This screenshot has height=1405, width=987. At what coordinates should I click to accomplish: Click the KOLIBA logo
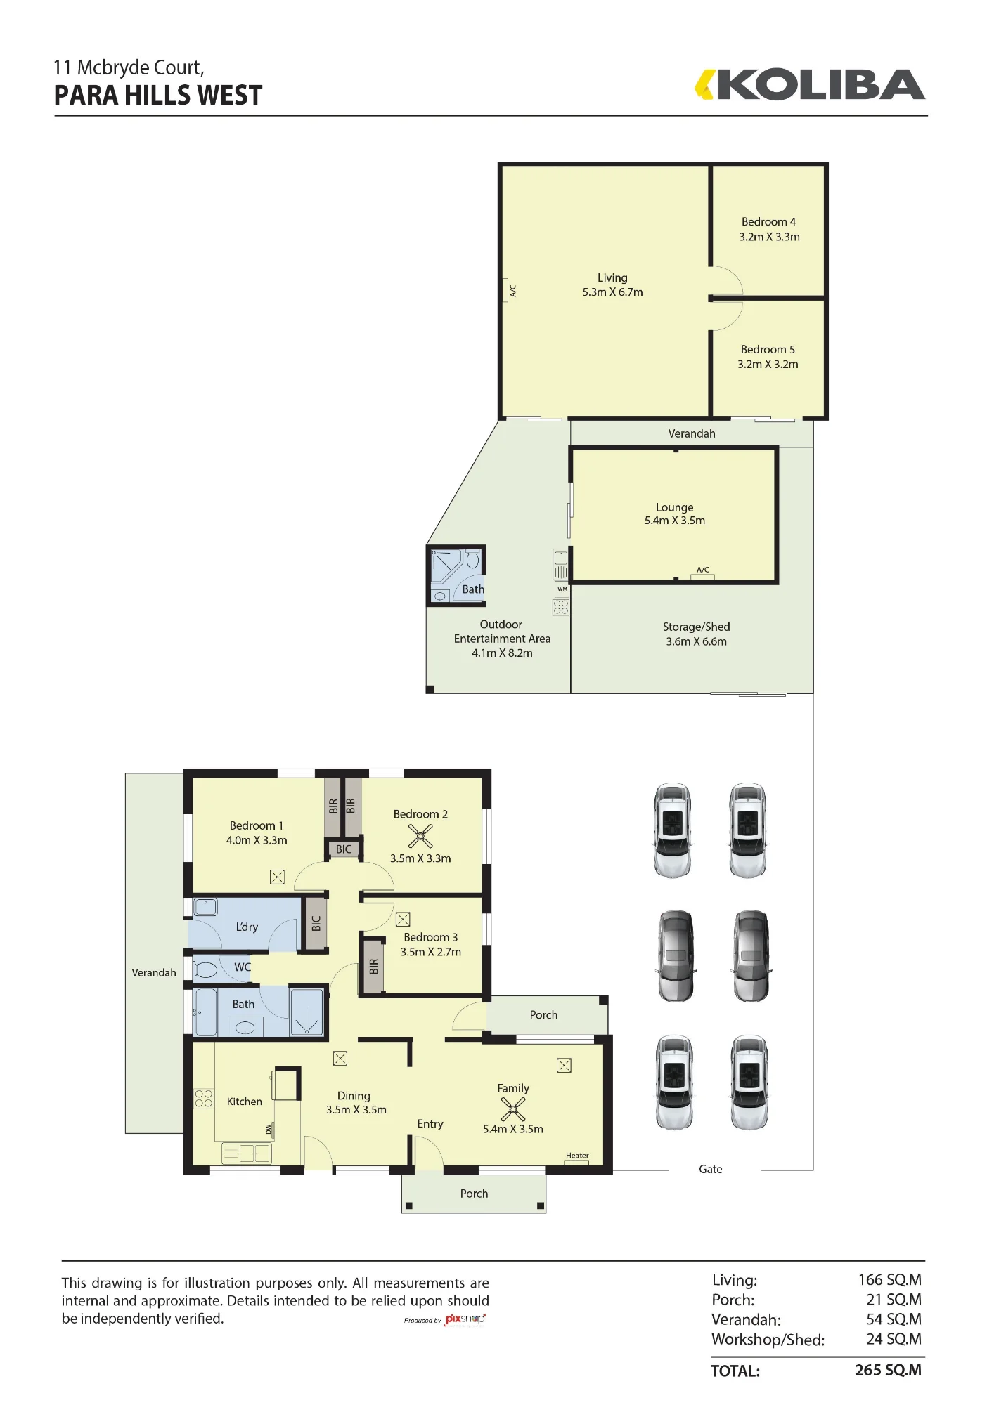[x=810, y=85]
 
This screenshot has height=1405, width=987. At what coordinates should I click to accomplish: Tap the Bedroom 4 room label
[x=768, y=221]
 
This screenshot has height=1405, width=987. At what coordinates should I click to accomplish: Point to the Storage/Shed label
[x=696, y=627]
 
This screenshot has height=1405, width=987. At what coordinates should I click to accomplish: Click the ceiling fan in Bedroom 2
[x=420, y=836]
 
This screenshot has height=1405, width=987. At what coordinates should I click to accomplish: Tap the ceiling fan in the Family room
[x=513, y=1109]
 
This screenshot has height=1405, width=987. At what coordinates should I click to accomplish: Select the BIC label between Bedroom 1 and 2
[x=344, y=849]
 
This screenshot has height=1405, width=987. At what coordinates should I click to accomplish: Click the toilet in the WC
[x=205, y=969]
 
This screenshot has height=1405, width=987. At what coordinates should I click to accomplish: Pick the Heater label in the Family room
[x=577, y=1156]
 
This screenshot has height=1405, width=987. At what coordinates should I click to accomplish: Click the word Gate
[x=710, y=1169]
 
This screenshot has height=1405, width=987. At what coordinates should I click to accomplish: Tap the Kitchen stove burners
[x=203, y=1098]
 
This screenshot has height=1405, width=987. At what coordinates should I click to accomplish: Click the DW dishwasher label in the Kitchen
[x=269, y=1129]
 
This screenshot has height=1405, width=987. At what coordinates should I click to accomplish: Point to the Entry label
[x=430, y=1124]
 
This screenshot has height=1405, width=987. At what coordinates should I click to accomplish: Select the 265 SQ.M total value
[x=888, y=1370]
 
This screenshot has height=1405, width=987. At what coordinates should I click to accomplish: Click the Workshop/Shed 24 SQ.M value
[x=894, y=1339]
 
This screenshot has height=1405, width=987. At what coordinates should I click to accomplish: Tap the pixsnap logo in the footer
[x=465, y=1319]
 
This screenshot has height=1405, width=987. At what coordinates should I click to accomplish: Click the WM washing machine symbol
[x=562, y=589]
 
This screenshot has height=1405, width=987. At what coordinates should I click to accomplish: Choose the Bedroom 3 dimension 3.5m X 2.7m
[x=430, y=952]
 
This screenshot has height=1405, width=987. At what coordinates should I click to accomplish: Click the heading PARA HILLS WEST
[x=158, y=96]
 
